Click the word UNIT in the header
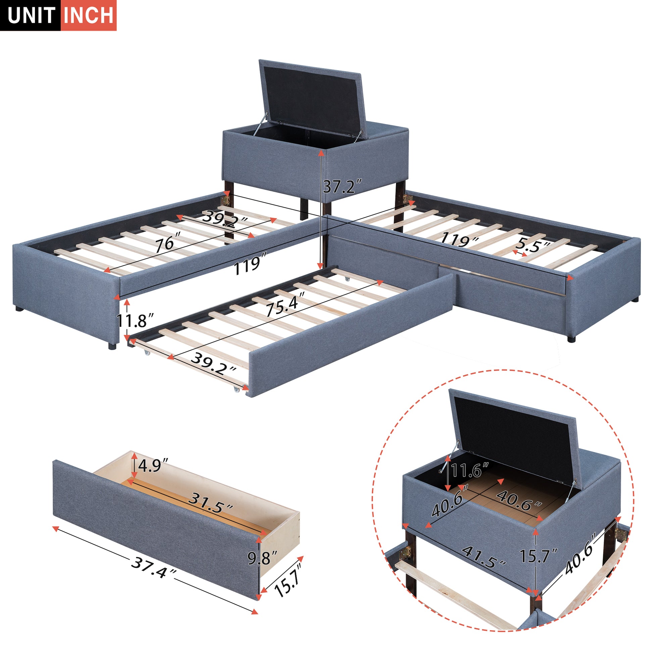(31, 15)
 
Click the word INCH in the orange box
(89, 15)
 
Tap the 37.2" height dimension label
(342, 186)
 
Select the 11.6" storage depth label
(470, 470)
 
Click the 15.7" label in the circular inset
(538, 556)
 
